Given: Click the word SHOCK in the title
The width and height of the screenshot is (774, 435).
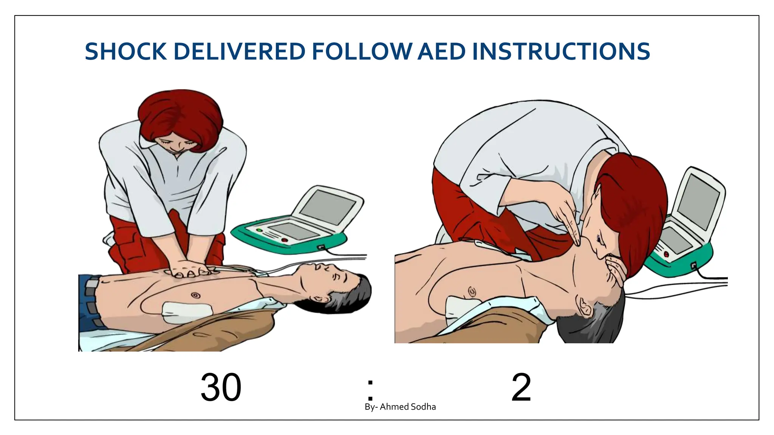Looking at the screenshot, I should pos(125,52).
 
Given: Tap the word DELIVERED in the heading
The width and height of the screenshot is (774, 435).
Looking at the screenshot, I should pos(239,52).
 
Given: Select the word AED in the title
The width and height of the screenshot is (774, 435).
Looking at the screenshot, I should pos(441,52).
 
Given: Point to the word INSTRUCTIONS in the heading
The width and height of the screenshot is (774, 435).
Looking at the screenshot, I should pos(561,52).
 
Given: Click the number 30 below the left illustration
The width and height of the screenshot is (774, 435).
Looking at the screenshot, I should pos(221,387).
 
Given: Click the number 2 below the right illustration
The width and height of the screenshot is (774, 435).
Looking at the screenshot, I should pos(521,387).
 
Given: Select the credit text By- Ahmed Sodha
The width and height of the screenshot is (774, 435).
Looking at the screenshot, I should pos(400,407).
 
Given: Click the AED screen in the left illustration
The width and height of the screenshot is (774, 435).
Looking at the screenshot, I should pos(328,207).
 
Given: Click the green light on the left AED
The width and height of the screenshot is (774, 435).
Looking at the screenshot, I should pos(259,230).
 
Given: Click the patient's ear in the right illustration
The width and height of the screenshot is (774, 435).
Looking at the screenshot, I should pos(584,306).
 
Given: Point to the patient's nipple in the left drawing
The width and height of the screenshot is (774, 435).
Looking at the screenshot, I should pos(195,295).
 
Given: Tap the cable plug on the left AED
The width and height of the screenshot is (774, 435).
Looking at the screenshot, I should pos(321,247).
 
